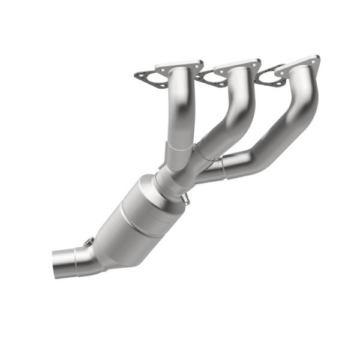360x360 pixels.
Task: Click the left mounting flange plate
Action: (179, 66)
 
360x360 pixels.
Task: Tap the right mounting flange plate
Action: (298, 63)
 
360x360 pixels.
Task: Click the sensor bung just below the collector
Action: (185, 200)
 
